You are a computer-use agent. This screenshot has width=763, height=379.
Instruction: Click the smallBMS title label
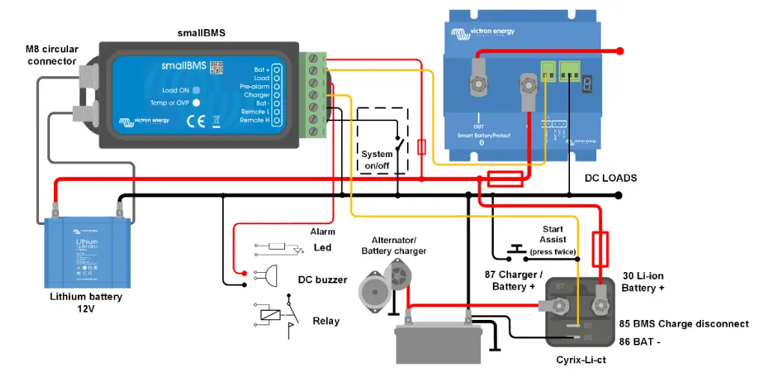(201, 33)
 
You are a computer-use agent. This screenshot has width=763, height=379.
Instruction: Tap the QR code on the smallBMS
(217, 68)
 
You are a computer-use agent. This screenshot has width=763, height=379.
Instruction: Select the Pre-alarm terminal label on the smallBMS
(254, 87)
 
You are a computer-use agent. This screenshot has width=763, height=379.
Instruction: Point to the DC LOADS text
(610, 178)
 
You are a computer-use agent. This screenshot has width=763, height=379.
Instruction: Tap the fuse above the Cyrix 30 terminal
(599, 249)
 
